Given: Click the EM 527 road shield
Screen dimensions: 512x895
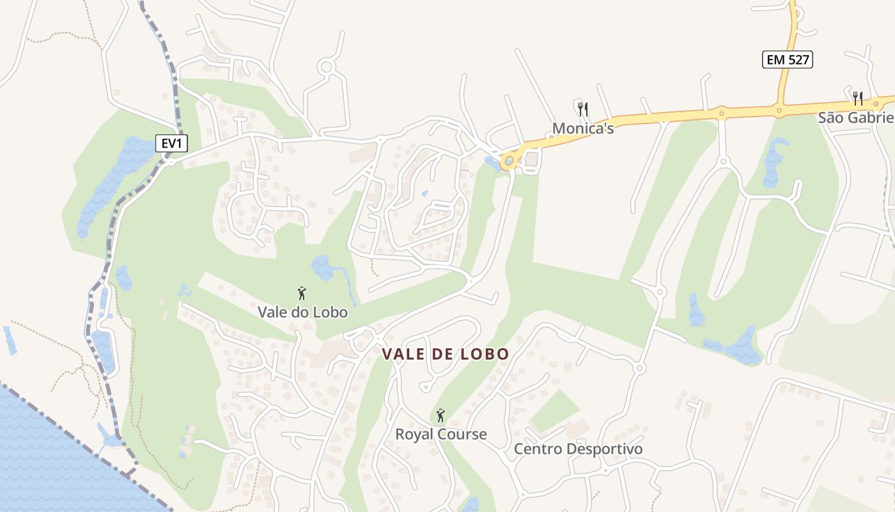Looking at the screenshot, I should (x=788, y=60).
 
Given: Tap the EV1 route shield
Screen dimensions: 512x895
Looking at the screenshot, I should (x=172, y=143).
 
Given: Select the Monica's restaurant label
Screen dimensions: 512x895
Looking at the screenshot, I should (x=582, y=128).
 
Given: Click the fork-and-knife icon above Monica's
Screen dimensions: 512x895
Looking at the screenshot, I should (x=582, y=109).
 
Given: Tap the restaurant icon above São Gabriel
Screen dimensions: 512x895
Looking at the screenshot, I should (x=858, y=99).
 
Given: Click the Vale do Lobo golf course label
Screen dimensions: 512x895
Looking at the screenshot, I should (x=302, y=312).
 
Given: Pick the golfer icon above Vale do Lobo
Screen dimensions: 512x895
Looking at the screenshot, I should (x=302, y=294).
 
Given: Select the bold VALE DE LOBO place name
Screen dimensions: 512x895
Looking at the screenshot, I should (x=446, y=354).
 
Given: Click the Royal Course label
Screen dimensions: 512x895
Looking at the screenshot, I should (x=440, y=435).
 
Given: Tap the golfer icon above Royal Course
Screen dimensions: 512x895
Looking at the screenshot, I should (x=440, y=416).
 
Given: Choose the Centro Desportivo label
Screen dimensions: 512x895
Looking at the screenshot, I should (x=578, y=449).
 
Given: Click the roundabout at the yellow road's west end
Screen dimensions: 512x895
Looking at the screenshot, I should (x=509, y=161).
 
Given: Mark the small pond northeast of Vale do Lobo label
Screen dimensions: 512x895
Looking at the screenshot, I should (x=322, y=268).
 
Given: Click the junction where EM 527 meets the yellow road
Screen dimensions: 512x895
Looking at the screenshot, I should (x=779, y=110).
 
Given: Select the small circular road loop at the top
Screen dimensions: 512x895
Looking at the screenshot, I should (x=327, y=67).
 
